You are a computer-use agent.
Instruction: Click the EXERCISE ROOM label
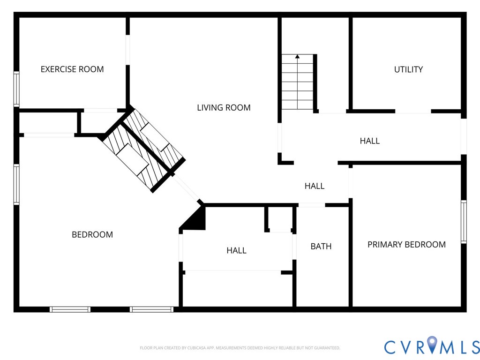[x=72, y=69]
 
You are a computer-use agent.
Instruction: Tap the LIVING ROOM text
[x=224, y=108]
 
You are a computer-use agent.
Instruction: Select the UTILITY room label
[x=408, y=69]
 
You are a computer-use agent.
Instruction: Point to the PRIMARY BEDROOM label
[x=406, y=244]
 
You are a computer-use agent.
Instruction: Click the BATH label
[x=321, y=246]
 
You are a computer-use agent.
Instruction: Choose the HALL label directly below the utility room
[x=370, y=141]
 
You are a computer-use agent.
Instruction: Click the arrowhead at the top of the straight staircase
[x=297, y=57]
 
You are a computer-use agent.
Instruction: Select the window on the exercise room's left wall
[x=16, y=89]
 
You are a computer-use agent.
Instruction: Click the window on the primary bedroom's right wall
[x=464, y=222]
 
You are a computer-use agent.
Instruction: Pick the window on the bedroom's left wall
[x=16, y=184]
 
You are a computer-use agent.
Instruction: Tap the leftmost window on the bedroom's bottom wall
[x=70, y=309]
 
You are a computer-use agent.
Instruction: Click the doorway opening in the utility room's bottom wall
[x=413, y=112]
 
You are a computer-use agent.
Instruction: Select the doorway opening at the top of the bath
[x=312, y=205]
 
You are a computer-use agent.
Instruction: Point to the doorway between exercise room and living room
[x=127, y=50]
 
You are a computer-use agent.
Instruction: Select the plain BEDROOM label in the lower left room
[x=92, y=234]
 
